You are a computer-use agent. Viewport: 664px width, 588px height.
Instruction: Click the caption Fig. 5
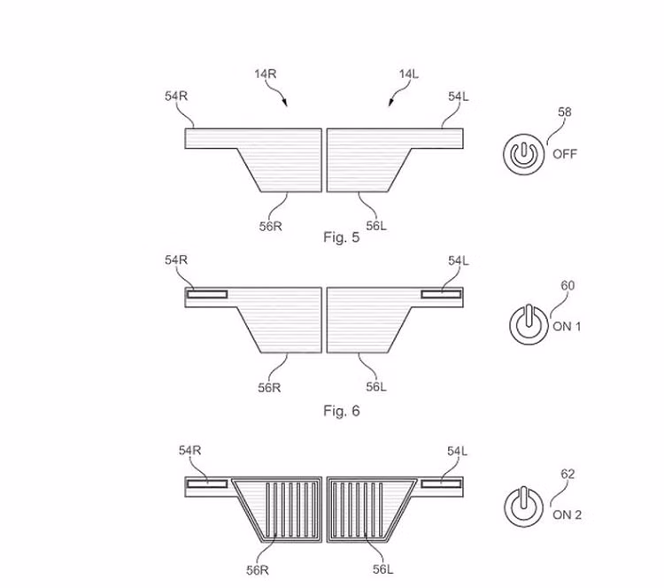pyautogui.click(x=342, y=236)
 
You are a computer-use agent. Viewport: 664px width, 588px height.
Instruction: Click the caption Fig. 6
pyautogui.click(x=342, y=411)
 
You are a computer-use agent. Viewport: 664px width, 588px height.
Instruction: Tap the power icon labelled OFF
pyautogui.click(x=524, y=154)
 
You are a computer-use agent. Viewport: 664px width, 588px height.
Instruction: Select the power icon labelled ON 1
pyautogui.click(x=528, y=324)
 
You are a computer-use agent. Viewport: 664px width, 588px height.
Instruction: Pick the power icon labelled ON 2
pyautogui.click(x=524, y=507)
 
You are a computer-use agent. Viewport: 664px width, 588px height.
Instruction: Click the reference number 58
pyautogui.click(x=565, y=112)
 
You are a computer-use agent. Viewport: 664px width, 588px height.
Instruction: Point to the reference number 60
pyautogui.click(x=567, y=285)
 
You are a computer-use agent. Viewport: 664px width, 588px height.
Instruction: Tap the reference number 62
pyautogui.click(x=567, y=474)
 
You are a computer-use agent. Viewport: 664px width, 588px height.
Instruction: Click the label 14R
pyautogui.click(x=265, y=74)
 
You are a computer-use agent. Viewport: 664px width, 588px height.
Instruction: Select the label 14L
pyautogui.click(x=409, y=74)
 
